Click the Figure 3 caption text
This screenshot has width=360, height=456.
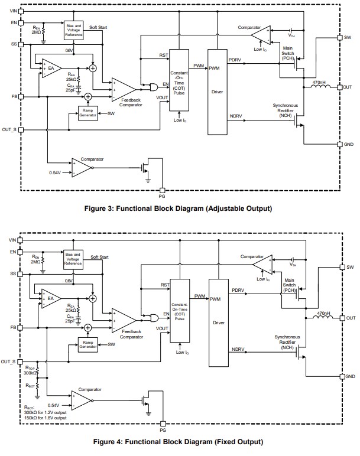pyautogui.click(x=179, y=208)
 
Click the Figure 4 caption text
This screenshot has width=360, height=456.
pyautogui.click(x=179, y=442)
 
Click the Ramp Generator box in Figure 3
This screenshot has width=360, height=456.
pyautogui.click(x=87, y=113)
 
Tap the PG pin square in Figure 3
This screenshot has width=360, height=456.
pyautogui.click(x=162, y=190)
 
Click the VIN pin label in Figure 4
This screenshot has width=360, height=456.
pyautogui.click(x=12, y=240)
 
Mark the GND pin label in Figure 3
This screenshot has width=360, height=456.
pyautogui.click(x=349, y=144)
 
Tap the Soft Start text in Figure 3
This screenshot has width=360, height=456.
pyautogui.click(x=99, y=27)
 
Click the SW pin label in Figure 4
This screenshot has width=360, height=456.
pyautogui.click(x=351, y=268)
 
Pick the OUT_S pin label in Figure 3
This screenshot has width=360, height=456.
pyautogui.click(x=9, y=129)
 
